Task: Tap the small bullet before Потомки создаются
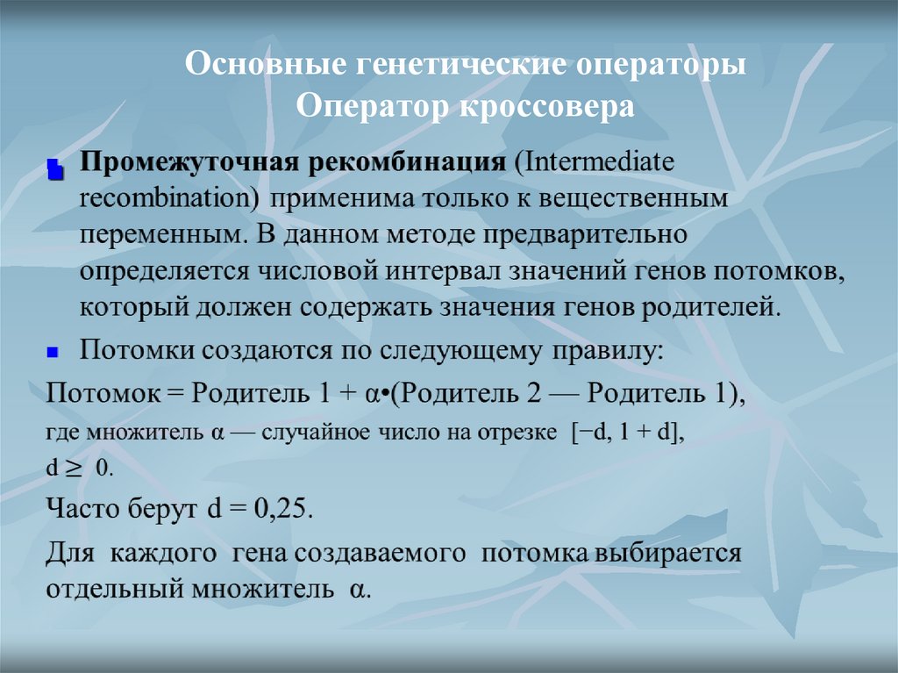pyautogui.click(x=53, y=352)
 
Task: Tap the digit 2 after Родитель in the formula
pyautogui.click(x=532, y=394)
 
